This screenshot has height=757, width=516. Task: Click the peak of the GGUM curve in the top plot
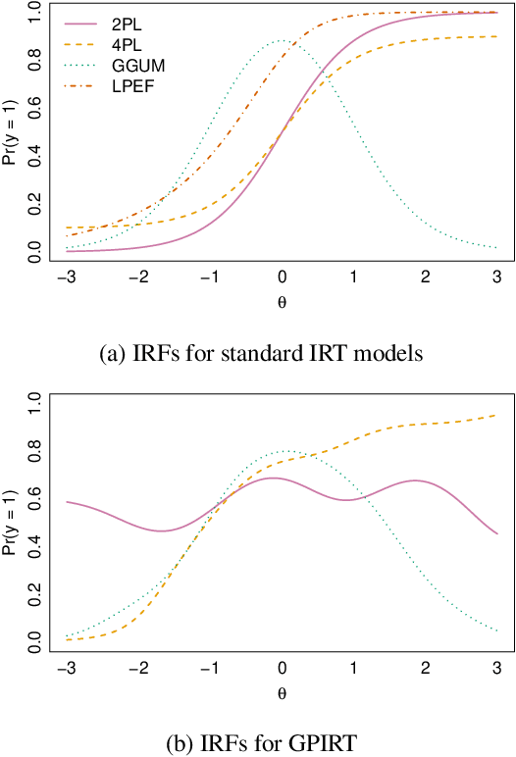(282, 40)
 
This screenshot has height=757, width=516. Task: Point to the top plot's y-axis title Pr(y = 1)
(10, 134)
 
